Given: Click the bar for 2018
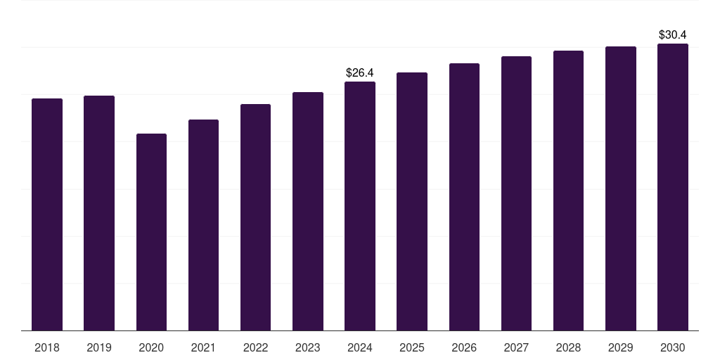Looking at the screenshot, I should coord(47,214).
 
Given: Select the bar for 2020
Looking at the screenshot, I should coord(151,232).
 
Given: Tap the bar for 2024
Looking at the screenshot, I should coord(360,206).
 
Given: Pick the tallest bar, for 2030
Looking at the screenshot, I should coord(673,187).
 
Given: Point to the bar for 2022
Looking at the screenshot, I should coord(255,217).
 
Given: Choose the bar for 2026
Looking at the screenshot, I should coord(464,197).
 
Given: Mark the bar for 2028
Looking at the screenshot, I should coord(568,191).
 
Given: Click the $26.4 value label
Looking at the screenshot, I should coord(360,72).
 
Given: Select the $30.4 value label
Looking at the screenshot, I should coord(673,34).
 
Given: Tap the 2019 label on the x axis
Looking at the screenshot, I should coord(99,347).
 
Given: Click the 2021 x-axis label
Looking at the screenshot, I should coord(203,347).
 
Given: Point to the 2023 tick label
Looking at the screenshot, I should coord(308,347).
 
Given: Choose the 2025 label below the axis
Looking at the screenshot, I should coord(412,347).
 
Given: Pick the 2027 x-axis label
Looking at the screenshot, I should coord(516,347).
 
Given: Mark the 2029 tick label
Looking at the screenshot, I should coord(621,347).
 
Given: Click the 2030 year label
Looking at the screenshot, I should coord(673,347).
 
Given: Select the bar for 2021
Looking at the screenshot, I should coord(203,225).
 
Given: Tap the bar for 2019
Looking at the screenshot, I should coord(99,213).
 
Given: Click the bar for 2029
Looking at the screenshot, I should coord(621,188).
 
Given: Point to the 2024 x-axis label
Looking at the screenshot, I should coord(360,347).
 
